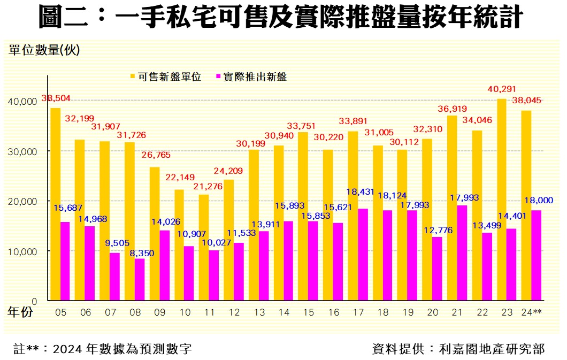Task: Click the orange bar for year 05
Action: point(55,204)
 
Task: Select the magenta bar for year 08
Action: point(140,279)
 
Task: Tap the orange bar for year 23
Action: point(501,200)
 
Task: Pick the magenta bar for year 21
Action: point(462,252)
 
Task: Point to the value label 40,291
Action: point(500,90)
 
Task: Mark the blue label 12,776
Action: point(438,230)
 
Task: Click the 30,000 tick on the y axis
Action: point(23,151)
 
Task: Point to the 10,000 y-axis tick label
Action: point(23,251)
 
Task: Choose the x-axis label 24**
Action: point(531,312)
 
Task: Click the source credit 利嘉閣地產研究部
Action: point(492,349)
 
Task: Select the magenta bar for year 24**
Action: point(536,255)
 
